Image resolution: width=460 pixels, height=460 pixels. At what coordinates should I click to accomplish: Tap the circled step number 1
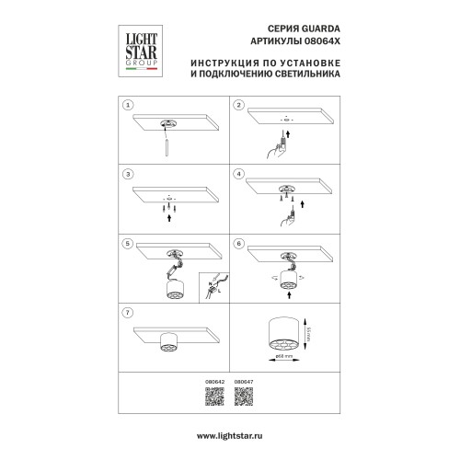point(130,107)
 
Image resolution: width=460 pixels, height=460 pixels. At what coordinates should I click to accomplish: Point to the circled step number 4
point(238,173)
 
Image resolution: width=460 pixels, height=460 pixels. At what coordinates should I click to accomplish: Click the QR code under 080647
point(244,397)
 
